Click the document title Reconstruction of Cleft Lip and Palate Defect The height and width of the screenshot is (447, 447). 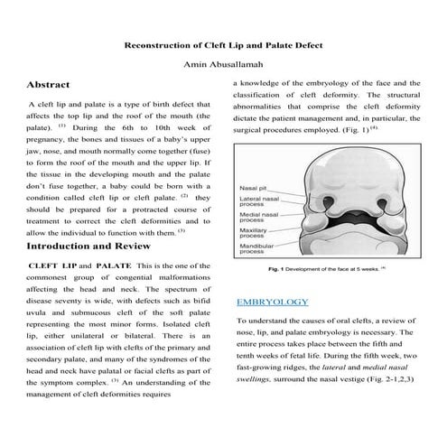(223, 44)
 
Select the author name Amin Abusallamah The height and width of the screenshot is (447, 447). (223, 64)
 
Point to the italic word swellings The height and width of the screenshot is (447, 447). (261, 380)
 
